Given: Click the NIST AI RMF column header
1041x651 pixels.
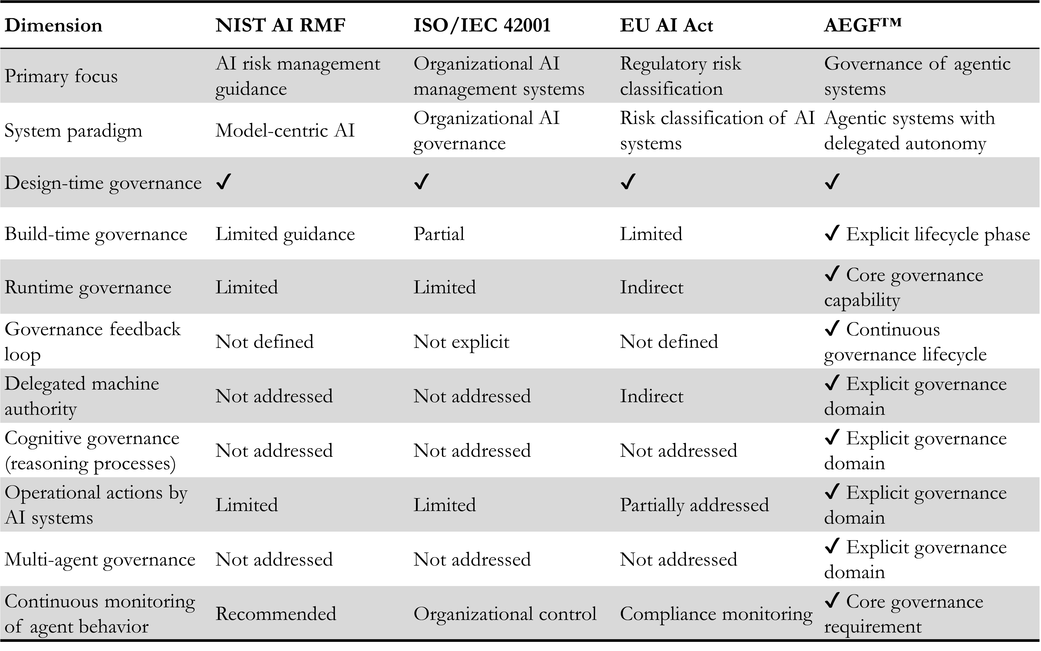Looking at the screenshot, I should tap(280, 25).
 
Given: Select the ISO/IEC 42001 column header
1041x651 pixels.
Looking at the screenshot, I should tap(482, 25).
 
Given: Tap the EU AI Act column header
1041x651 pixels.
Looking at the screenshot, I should tap(666, 25).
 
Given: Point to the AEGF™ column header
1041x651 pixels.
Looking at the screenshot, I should tap(862, 25).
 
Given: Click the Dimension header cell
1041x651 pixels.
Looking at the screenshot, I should tap(53, 25).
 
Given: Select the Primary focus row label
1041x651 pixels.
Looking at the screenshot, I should tap(61, 76).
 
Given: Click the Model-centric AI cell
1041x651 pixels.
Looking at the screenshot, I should tap(285, 131).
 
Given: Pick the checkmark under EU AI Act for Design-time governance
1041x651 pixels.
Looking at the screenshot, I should tap(628, 182).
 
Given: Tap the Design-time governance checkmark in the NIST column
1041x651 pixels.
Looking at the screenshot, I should tap(224, 182).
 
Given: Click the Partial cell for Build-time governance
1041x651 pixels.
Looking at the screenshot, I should tap(439, 234).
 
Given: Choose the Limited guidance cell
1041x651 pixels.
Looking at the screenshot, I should tap(285, 234).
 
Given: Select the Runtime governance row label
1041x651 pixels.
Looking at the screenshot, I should tap(88, 287).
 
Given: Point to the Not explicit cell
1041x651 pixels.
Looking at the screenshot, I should tap(461, 342).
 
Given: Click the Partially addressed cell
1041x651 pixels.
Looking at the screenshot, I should tap(694, 505).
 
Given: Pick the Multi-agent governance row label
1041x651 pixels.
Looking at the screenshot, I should tap(100, 560).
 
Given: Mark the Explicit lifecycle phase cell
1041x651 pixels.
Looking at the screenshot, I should tap(927, 234).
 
